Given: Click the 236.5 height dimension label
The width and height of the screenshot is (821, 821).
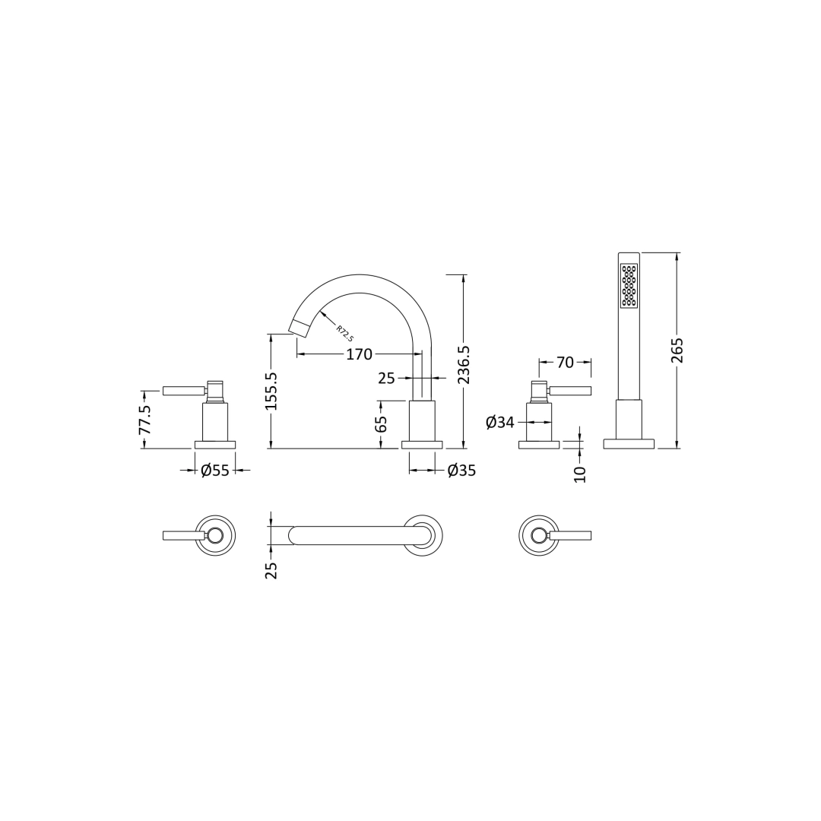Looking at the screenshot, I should point(464,364).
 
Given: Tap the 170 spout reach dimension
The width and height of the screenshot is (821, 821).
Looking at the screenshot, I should point(359,354).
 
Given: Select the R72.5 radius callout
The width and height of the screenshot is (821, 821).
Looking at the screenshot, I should point(344,334).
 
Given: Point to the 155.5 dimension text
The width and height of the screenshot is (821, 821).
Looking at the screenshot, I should point(271,391).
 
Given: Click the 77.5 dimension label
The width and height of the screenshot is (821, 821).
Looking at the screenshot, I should point(144,419).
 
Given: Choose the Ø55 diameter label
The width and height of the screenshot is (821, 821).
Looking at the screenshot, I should point(215,471).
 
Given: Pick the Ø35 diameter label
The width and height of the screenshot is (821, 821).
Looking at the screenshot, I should point(461,471).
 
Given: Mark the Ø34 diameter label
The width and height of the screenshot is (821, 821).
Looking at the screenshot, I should point(500,423).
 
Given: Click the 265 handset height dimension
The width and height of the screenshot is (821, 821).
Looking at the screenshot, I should point(677,350).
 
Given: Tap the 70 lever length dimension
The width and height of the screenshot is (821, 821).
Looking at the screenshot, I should point(565,363).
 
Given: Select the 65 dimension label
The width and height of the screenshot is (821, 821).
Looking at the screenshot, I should point(382,423).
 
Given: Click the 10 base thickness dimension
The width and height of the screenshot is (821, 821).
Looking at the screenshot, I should point(580,474).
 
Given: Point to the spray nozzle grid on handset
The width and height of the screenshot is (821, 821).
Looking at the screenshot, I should point(629,286).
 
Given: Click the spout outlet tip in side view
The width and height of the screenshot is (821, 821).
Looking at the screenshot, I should point(298,328).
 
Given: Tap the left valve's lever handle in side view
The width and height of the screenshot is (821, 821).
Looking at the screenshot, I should point(183,391).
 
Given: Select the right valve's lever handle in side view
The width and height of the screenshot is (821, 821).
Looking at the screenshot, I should point(570,391).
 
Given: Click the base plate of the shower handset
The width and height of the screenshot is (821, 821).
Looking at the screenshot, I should point(629,444).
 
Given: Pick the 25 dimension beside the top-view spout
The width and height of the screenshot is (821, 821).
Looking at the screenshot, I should point(271,569).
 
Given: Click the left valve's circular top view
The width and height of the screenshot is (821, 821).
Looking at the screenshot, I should point(215,535).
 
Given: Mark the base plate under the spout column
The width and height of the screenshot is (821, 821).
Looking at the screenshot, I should point(422,445).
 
